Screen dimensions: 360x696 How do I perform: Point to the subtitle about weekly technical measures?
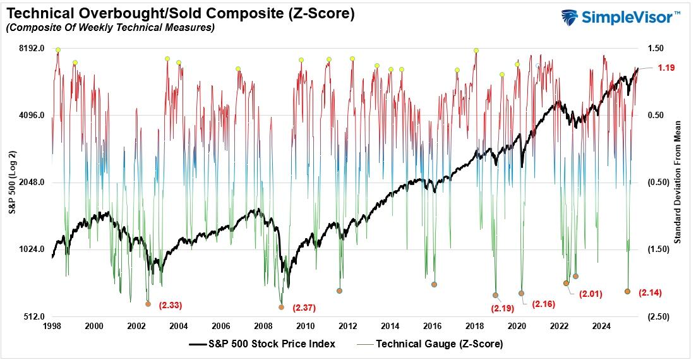coord(110,27)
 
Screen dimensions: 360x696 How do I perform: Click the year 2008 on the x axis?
coord(263,327)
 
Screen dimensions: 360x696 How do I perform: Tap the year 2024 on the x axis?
coord(602,327)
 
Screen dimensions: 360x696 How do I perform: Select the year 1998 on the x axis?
coord(52,327)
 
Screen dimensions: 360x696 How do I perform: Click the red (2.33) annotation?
coord(171,306)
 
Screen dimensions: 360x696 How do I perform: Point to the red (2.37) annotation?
coord(304,308)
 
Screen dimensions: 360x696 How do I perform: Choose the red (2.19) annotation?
coord(503,309)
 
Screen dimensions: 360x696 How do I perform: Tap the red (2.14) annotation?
coord(650,292)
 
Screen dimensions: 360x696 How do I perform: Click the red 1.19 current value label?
coord(667,68)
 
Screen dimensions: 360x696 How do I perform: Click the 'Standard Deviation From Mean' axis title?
coord(678,183)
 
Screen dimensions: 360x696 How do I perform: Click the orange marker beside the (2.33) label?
coord(148,304)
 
